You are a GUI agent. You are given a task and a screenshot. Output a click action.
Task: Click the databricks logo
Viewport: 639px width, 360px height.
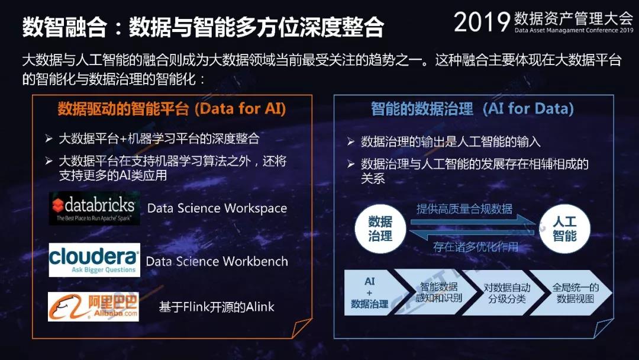coord(95,208)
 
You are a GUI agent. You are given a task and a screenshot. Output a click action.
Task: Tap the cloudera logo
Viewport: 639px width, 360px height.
coord(95,260)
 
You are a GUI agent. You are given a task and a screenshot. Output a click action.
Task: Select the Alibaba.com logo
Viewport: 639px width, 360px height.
coord(93,307)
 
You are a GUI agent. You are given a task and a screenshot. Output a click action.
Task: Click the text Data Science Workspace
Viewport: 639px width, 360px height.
coord(217,208)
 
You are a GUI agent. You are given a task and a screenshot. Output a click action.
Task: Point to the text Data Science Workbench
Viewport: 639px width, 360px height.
coord(217,261)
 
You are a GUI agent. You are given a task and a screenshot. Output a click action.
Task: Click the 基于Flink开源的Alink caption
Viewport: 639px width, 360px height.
coord(217,307)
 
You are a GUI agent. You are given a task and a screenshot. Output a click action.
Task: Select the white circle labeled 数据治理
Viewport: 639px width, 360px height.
coord(380,229)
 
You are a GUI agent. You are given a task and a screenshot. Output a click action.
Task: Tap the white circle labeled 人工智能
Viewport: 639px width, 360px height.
coord(564,229)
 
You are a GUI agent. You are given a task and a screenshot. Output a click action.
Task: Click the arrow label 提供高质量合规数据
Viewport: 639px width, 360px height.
coord(464,209)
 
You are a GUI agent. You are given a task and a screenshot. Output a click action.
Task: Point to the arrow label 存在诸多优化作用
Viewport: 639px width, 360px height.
coord(476,247)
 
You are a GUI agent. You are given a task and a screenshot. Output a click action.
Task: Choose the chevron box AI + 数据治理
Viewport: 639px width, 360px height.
coord(371,292)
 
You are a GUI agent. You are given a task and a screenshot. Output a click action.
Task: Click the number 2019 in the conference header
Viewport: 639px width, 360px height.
coord(482,21)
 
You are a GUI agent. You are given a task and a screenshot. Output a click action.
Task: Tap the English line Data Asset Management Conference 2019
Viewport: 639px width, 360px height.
coord(574,30)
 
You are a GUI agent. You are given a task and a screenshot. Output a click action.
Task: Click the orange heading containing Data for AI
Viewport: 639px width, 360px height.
coord(172,109)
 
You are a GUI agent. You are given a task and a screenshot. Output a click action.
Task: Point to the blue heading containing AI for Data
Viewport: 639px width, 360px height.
coord(472,109)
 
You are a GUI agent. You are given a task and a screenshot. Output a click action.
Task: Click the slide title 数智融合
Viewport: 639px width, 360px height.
coord(65,27)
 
